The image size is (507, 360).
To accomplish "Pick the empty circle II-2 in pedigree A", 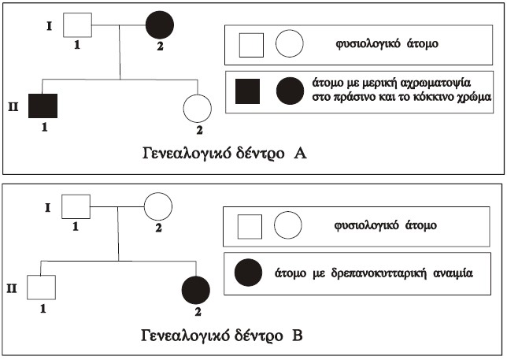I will tap(198, 108).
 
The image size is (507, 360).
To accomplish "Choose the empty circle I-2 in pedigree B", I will tap(157, 208).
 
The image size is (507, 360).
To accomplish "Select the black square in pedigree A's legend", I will tap(250, 91).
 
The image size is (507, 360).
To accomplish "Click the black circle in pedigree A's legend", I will tap(289, 92).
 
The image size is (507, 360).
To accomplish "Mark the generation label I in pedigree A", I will tap(49, 25).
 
